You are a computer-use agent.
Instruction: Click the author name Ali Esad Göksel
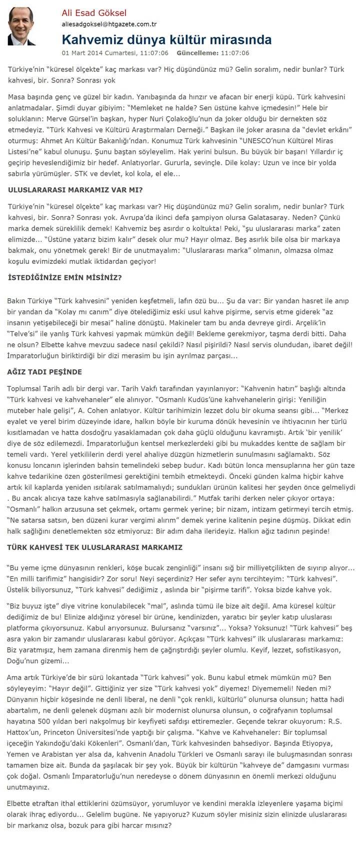point(94,13)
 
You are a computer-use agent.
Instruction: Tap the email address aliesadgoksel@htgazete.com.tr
point(109,24)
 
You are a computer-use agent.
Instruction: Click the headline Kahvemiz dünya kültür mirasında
point(166,40)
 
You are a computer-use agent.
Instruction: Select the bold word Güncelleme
point(197,52)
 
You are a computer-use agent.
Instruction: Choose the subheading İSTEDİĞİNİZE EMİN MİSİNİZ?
point(64,277)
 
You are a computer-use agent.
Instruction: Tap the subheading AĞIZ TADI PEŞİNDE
point(44,372)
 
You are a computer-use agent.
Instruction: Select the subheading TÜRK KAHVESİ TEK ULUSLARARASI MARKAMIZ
point(95,547)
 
